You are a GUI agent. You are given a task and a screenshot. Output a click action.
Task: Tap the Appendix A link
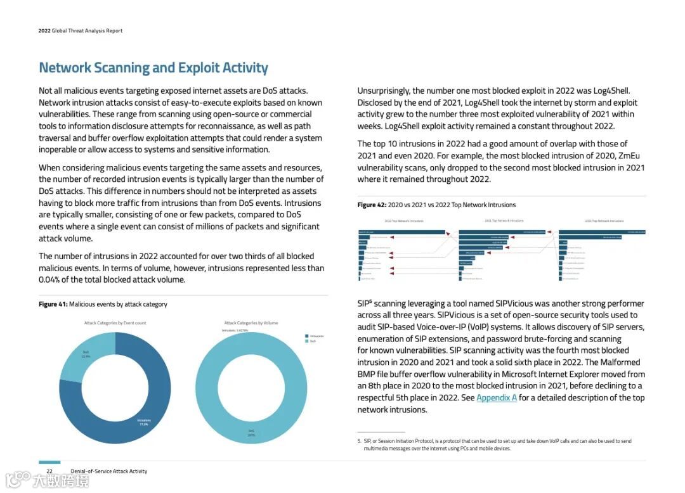click(497, 398)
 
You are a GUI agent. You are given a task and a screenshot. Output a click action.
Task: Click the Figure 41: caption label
click(53, 304)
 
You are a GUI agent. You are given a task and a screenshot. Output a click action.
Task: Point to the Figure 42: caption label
click(371, 205)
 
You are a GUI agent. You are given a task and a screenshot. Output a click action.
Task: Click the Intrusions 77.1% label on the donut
click(143, 422)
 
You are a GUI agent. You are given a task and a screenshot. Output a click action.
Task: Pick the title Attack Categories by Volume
click(251, 323)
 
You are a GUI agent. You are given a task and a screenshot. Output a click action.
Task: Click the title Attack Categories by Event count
click(115, 323)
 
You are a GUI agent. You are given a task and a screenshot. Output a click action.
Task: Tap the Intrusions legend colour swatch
click(306, 336)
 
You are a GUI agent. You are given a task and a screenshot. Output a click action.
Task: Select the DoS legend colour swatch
click(306, 341)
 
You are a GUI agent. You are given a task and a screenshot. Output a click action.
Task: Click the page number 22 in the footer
click(49, 471)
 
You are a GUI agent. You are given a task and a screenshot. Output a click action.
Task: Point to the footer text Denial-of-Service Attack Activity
click(108, 471)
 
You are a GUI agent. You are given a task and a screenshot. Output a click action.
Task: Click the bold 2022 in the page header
click(44, 30)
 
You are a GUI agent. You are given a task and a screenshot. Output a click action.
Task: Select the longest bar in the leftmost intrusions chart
click(402, 232)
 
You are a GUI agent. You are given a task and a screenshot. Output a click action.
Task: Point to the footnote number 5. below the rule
click(359, 441)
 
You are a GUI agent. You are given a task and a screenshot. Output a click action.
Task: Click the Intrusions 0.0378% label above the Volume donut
click(235, 331)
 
